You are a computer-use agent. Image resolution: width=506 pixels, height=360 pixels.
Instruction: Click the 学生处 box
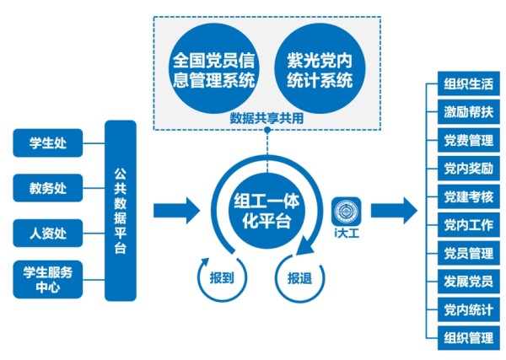coord(48,142)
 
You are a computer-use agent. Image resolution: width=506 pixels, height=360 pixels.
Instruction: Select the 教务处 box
coord(48,188)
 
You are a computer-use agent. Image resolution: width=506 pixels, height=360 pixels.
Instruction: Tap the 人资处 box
coord(48,234)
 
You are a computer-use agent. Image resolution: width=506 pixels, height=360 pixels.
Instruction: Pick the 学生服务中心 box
coord(48,280)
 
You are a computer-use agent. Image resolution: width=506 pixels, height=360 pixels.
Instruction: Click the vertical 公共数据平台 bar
coord(121,211)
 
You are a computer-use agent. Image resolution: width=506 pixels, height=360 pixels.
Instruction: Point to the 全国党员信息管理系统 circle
coord(214,68)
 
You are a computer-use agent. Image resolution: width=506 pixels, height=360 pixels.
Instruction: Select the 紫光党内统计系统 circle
coord(320,68)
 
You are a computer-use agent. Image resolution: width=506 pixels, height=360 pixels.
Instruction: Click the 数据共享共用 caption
coord(266,118)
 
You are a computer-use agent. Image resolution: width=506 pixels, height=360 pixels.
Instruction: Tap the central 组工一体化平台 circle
coord(266,211)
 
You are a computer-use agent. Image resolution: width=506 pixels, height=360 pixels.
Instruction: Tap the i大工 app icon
coord(347,212)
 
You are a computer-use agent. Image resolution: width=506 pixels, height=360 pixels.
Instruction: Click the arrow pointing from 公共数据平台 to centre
coord(176,211)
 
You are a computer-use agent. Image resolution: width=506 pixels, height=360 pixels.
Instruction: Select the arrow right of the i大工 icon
coord(394,211)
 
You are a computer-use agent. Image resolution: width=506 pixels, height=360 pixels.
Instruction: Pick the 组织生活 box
coord(469,83)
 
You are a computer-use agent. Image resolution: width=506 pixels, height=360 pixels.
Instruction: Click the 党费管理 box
coord(469,140)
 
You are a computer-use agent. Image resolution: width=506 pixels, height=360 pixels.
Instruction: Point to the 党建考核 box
coord(469,196)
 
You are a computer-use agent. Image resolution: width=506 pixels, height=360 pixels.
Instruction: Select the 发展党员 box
coord(469,282)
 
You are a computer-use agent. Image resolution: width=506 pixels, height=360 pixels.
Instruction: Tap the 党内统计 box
coord(469,309)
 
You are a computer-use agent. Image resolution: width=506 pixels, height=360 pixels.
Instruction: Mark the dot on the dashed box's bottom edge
coord(267,130)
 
